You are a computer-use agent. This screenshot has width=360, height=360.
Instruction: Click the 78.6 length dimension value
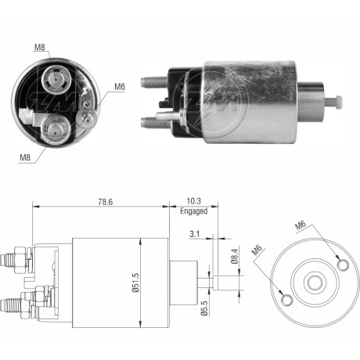106,202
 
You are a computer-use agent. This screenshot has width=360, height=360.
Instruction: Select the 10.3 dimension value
193,201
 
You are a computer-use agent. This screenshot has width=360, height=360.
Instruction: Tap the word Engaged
193,211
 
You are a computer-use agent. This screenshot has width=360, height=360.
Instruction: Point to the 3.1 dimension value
195,234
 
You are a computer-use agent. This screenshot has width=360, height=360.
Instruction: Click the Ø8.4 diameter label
235,256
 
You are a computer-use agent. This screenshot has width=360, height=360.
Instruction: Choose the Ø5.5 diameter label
204,308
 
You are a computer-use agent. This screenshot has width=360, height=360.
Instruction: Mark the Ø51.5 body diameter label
135,283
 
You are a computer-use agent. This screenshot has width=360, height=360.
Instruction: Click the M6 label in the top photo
120,87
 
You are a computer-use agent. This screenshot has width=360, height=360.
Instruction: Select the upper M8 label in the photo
40,47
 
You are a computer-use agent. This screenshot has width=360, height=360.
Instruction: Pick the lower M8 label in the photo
25,157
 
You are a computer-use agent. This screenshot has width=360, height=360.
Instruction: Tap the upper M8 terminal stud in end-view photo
56,78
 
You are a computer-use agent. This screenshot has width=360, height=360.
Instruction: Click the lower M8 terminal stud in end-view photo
56,130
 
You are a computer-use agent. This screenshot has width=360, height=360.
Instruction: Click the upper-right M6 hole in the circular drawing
343,265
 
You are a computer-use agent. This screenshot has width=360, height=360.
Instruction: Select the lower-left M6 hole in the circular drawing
286,300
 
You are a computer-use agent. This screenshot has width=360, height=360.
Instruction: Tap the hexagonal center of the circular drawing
315,283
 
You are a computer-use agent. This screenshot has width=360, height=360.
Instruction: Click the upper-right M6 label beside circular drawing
301,225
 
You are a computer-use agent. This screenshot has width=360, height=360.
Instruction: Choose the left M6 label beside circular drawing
257,250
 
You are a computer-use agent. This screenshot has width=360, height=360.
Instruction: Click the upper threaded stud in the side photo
154,81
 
